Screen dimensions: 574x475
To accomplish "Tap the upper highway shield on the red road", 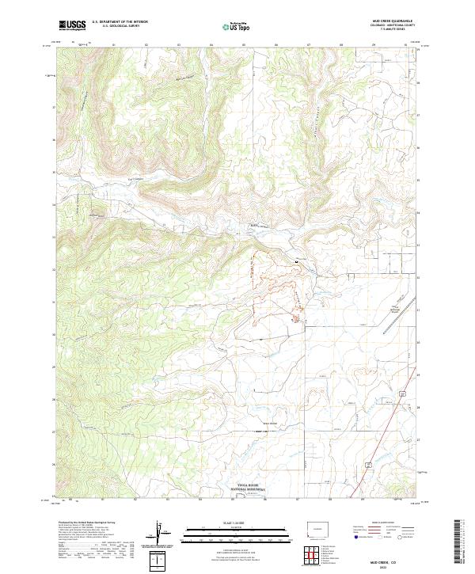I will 403,393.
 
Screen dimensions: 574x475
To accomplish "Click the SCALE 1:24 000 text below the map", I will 237,523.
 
